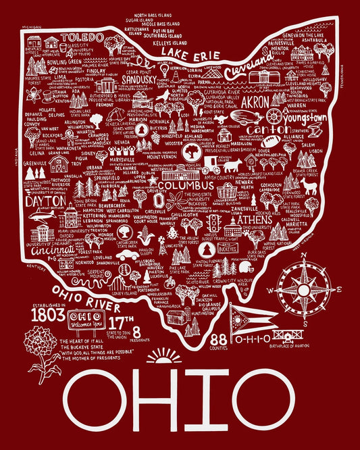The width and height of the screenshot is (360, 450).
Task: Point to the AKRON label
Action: click(x=256, y=106)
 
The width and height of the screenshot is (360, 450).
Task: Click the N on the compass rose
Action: click(x=303, y=255)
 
